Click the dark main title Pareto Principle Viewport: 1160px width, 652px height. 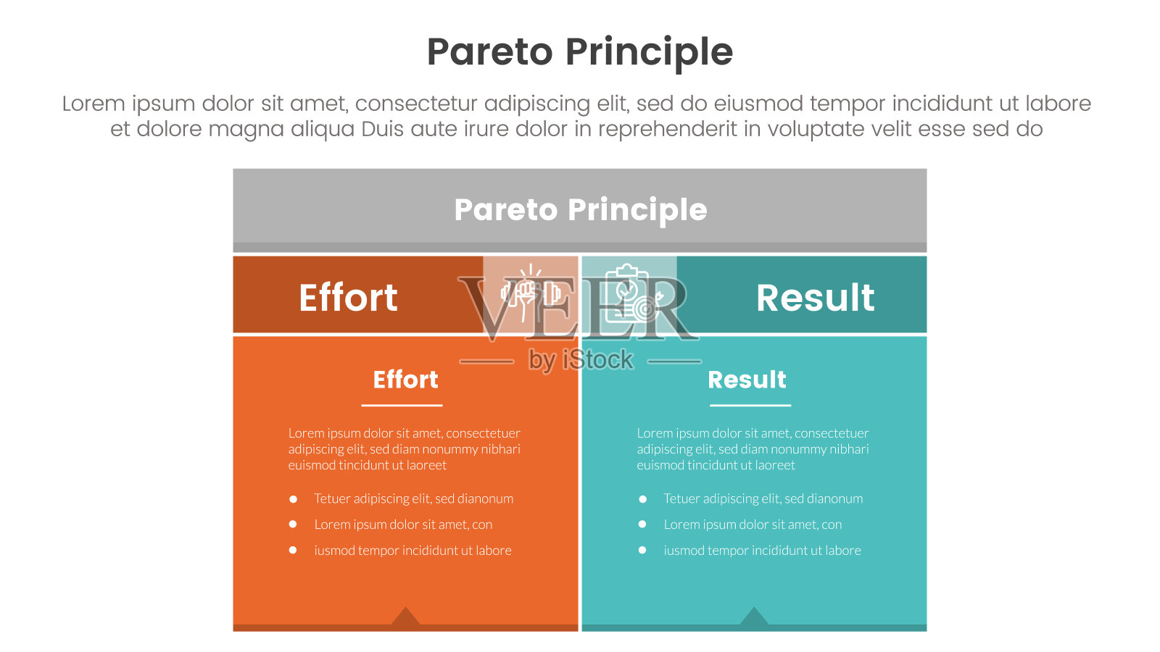tap(580, 53)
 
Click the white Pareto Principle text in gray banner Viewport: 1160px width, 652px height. tap(581, 210)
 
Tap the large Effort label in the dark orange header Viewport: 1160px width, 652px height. tap(348, 298)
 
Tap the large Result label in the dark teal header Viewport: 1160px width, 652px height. tap(815, 298)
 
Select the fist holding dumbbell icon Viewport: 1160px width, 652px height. tap(530, 293)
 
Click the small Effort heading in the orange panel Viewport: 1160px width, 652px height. tap(405, 380)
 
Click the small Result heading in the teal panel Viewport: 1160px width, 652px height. tap(747, 380)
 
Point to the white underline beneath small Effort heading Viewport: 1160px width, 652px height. tap(402, 405)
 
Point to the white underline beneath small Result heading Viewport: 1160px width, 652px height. tap(750, 405)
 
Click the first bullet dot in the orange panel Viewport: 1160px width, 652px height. tap(293, 499)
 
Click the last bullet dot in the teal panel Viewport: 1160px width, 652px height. tap(642, 550)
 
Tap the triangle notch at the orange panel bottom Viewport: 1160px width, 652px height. tap(405, 617)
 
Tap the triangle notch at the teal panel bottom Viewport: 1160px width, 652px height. tap(754, 617)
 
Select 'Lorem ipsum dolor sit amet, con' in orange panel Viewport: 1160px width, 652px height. tap(403, 524)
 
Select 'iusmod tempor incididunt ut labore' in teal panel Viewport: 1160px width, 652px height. tap(762, 550)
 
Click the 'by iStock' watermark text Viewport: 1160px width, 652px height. tap(581, 359)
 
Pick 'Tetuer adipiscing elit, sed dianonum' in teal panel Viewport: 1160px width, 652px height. tap(763, 498)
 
